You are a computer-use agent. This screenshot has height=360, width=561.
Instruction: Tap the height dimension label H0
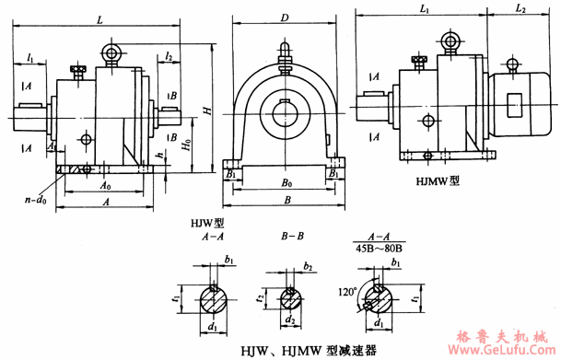pos(187,145)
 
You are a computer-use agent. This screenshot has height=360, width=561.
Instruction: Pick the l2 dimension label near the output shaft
pos(169,58)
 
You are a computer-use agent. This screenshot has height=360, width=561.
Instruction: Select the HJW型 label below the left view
pos(202,222)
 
